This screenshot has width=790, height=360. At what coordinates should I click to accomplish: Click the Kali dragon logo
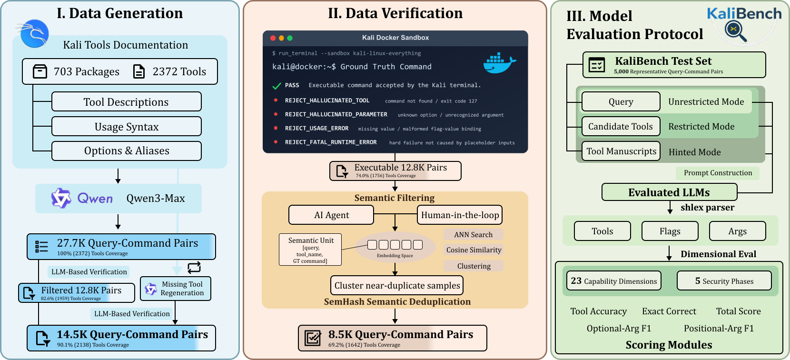pos(34,33)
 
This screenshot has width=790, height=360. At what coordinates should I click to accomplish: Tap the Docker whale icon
pos(499,63)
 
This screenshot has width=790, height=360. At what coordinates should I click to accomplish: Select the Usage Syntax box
pos(127,126)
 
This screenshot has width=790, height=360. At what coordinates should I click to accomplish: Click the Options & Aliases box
pos(127,150)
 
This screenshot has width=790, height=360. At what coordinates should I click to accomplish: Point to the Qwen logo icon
pos(61,198)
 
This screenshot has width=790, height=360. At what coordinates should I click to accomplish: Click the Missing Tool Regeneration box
pos(176,289)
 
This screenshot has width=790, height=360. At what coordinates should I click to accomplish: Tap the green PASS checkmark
pos(277,86)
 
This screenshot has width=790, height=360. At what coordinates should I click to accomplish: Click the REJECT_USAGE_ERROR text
pos(316,129)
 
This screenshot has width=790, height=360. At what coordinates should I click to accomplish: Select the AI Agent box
pos(331,215)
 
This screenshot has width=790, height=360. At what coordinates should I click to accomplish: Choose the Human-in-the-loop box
pos(460,215)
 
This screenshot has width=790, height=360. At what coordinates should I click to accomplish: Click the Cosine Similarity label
pos(474,250)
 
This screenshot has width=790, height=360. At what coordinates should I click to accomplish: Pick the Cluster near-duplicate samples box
pos(397,285)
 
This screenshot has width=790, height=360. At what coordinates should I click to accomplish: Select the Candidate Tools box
pos(621,126)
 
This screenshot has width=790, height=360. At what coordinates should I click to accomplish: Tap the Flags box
pos(670,231)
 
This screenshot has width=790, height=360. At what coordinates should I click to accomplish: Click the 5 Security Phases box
pos(724,280)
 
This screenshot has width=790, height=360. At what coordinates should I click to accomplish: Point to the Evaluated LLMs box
pos(670,192)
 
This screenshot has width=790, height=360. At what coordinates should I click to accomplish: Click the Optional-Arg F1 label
pos(619,328)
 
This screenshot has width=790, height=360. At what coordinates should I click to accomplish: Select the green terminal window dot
pos(290,38)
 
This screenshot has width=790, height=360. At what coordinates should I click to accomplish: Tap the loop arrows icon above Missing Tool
pos(194,268)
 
